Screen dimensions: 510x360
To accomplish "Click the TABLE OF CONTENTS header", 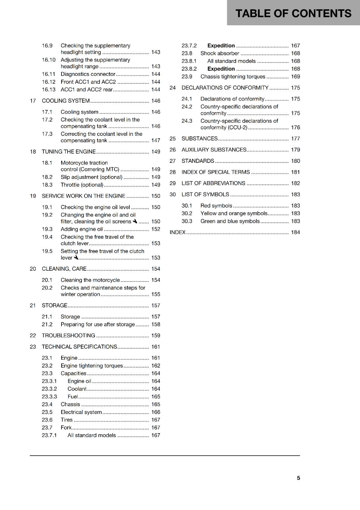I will point(293,13).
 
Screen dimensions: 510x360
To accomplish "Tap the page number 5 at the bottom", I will point(298,478).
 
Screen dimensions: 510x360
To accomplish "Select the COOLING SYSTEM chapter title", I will point(66,101).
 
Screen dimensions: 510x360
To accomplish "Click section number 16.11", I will point(48,74).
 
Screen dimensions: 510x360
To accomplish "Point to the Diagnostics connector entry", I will point(88,74).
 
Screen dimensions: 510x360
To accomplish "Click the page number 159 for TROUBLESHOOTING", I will point(155,335).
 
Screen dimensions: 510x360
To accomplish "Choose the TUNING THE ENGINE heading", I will point(68,151).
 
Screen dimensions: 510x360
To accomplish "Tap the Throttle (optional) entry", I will point(82,185).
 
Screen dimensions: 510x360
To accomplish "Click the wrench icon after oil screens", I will point(135,221).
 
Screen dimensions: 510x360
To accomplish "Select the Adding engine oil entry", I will point(82,229).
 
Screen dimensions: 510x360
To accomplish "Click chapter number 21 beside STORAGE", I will point(33,305).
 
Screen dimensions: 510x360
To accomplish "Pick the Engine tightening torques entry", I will point(92,366).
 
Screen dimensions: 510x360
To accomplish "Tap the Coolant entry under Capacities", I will point(77,389).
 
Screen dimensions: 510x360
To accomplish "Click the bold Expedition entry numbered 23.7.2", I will point(221,46).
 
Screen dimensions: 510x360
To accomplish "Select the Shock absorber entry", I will point(220,53).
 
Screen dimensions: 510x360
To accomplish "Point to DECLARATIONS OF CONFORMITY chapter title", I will point(225,88).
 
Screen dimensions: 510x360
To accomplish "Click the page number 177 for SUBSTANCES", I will point(295,138).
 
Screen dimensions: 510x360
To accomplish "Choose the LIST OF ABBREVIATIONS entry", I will point(213,183).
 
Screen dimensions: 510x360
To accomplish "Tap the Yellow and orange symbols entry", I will point(234,213).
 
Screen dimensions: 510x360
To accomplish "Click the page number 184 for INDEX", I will point(295,232).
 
